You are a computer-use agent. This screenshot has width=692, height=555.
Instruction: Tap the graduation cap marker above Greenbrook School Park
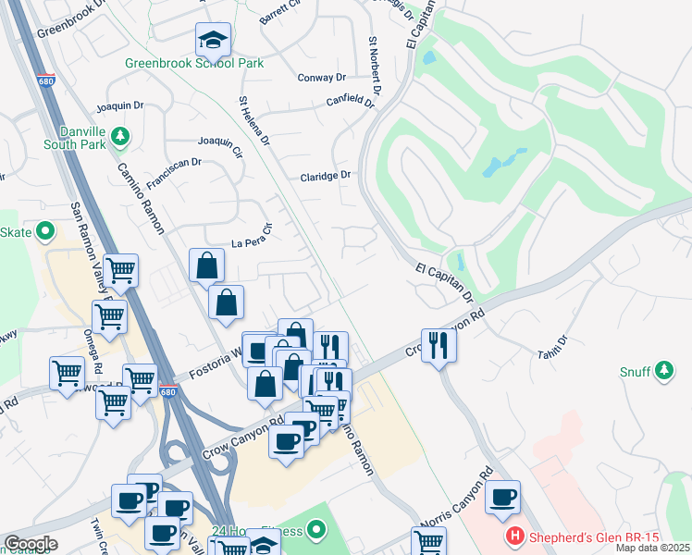(213, 40)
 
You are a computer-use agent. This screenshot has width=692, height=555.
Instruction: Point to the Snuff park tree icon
(662, 372)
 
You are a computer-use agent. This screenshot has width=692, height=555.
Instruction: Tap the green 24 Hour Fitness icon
(318, 531)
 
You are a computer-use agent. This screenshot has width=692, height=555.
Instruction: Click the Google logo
(31, 544)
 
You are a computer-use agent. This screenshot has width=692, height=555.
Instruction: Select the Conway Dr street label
(321, 78)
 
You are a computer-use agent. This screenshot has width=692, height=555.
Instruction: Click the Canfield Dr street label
(350, 102)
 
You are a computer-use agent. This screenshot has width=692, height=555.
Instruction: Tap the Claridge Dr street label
(326, 175)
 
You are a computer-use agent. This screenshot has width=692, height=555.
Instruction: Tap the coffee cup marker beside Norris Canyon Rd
(502, 497)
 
